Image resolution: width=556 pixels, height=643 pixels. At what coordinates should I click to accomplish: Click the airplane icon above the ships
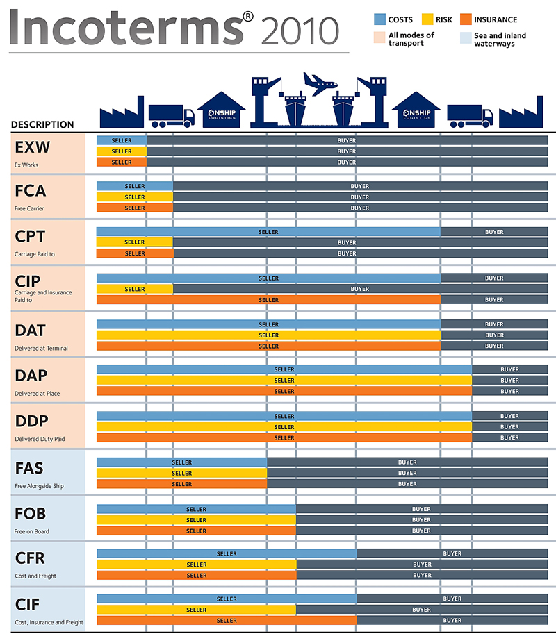click(x=320, y=85)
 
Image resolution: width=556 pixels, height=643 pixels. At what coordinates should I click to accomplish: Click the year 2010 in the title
click(x=301, y=30)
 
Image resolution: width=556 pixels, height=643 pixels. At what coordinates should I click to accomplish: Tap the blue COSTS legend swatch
click(x=379, y=19)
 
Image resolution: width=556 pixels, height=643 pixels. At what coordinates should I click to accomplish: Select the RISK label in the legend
click(x=444, y=20)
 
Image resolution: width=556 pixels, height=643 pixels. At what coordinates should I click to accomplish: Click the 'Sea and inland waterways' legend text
click(x=500, y=40)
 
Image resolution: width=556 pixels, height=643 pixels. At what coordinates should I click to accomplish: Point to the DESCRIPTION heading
click(x=42, y=125)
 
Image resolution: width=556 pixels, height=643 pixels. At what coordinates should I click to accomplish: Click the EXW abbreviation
click(x=33, y=147)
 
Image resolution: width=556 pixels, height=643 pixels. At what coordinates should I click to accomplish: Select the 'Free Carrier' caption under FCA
click(x=29, y=208)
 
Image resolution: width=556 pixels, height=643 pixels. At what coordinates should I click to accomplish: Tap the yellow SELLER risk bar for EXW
click(x=122, y=151)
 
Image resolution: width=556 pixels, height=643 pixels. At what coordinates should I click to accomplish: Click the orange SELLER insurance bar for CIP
click(x=268, y=300)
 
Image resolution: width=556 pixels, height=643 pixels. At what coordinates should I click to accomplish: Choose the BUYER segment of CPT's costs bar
click(x=494, y=232)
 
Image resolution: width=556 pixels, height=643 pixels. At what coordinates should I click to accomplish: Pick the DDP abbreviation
click(x=31, y=421)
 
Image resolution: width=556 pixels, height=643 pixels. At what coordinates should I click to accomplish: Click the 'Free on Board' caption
click(x=32, y=532)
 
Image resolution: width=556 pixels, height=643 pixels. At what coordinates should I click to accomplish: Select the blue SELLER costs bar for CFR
click(x=227, y=553)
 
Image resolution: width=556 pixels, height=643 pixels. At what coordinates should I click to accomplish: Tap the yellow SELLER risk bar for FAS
click(x=181, y=473)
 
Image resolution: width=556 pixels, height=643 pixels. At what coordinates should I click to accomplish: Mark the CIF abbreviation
click(x=28, y=605)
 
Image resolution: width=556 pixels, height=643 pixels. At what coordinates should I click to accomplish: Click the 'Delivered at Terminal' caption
click(x=42, y=348)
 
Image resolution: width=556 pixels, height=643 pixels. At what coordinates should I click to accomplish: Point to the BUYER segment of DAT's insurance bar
click(x=494, y=346)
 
